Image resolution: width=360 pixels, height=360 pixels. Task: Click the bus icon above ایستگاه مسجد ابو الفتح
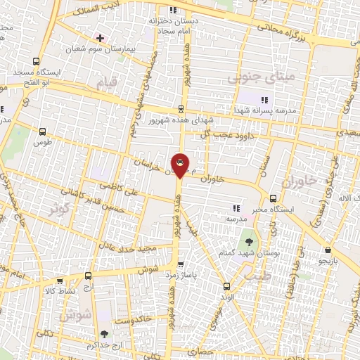[x=37, y=61]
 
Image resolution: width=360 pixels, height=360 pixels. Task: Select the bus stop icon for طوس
[x=44, y=131]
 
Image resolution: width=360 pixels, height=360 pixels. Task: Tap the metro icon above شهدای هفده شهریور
[x=181, y=109]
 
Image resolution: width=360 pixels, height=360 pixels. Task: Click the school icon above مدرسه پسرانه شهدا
[x=264, y=100]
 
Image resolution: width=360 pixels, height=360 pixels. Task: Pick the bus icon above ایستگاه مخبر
[x=273, y=198]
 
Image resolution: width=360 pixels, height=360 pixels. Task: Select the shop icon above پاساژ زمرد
[x=181, y=265]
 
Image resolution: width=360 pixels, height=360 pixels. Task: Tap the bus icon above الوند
[x=226, y=285]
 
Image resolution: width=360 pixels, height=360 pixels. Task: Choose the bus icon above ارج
[x=88, y=276]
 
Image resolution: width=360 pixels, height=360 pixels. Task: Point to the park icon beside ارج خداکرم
[x=105, y=335]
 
